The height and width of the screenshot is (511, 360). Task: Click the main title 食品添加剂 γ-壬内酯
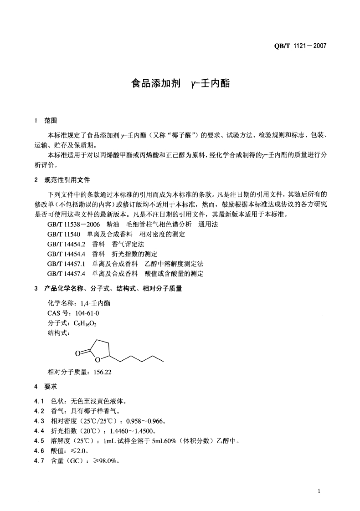[x=180, y=84]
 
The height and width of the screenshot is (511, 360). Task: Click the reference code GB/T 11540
[x=64, y=234]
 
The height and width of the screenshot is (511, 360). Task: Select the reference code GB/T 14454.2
[x=67, y=244]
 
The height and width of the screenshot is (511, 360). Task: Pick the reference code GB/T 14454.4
[x=67, y=254]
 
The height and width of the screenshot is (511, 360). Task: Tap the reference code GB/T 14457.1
[x=67, y=264]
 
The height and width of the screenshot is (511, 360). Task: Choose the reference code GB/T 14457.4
[x=67, y=274]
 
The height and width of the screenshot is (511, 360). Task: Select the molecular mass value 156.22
[x=103, y=372]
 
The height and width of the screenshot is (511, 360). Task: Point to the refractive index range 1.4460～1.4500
[x=135, y=431]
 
